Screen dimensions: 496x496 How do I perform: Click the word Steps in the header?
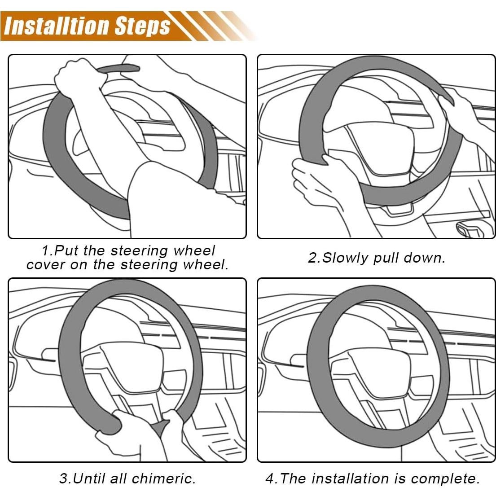click(x=142, y=26)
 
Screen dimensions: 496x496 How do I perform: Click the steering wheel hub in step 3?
click(x=123, y=365)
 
